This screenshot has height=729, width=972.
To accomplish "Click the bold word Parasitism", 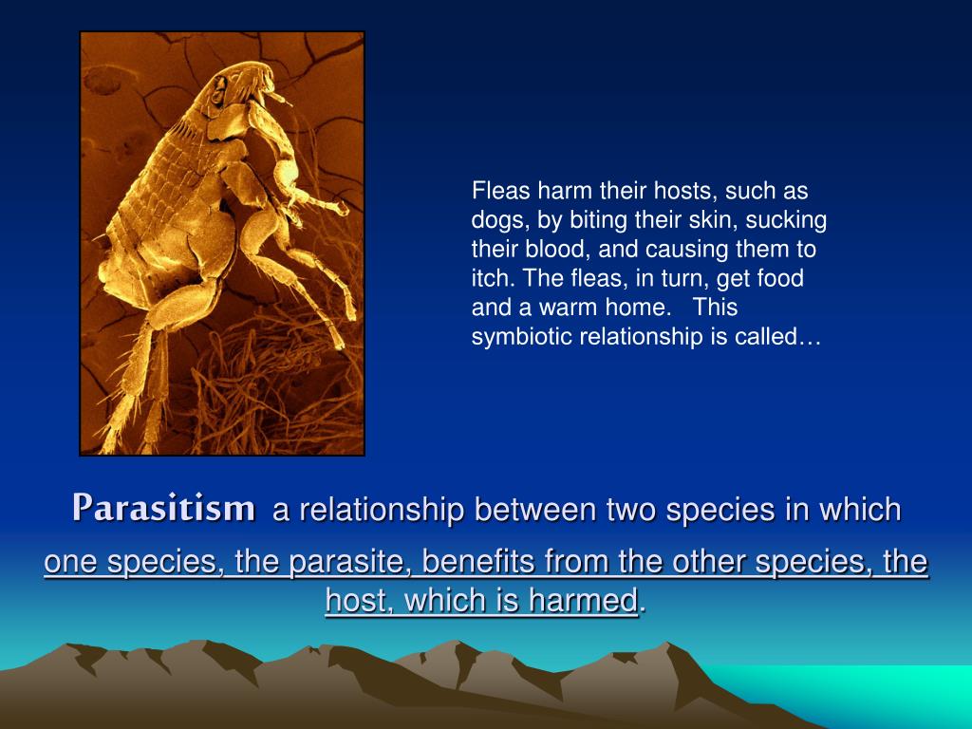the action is tap(163, 508).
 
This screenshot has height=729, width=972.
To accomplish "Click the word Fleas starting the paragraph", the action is tap(501, 190).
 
